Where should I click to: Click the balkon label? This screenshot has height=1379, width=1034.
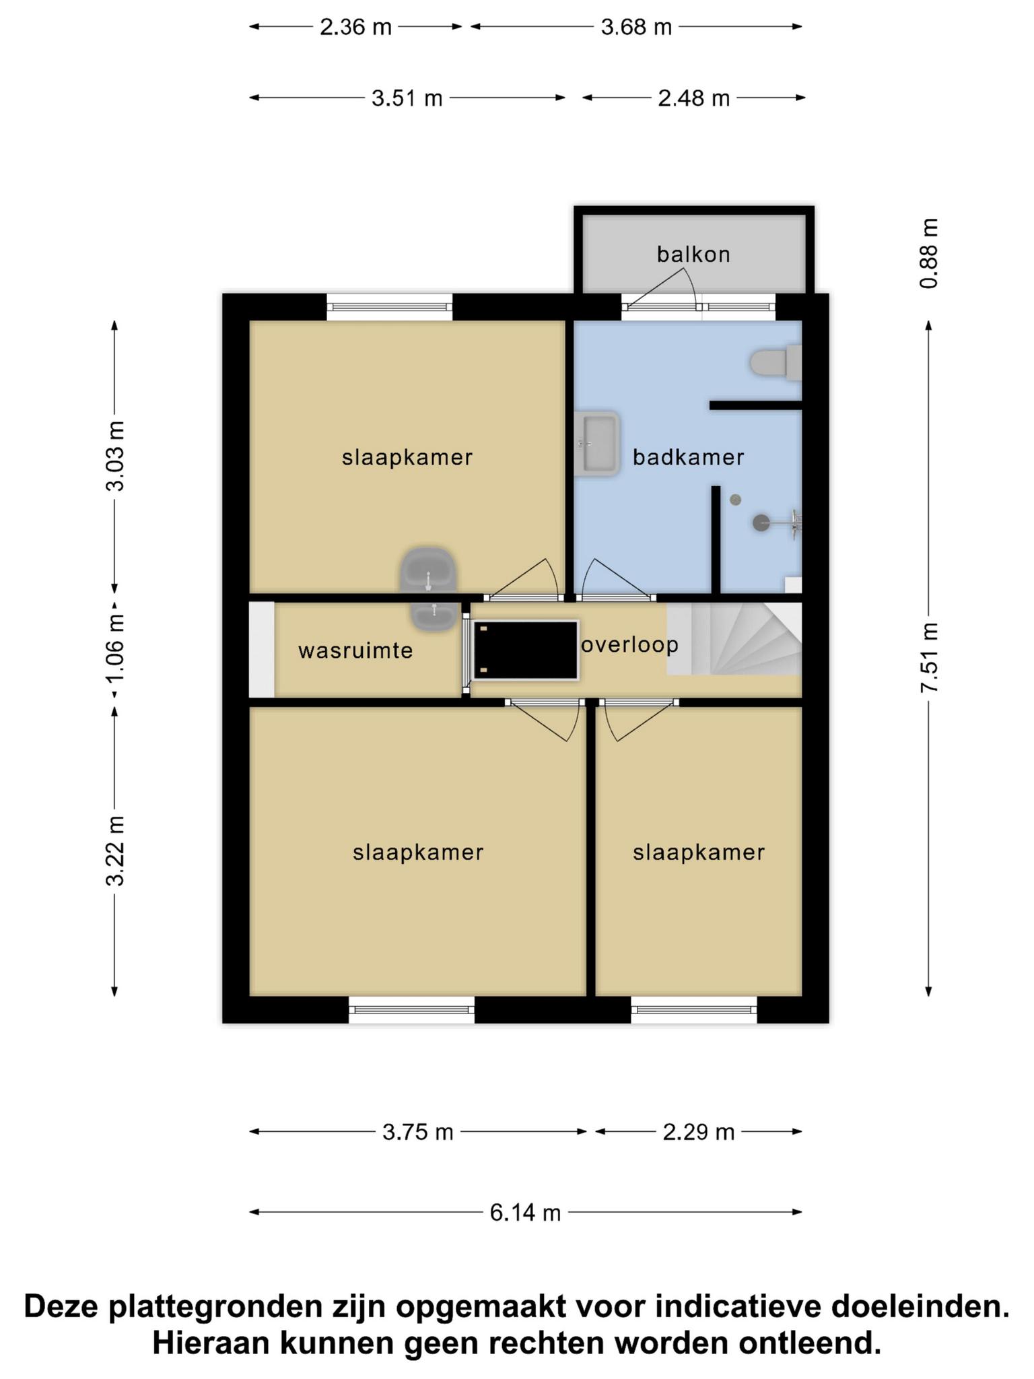click(x=693, y=255)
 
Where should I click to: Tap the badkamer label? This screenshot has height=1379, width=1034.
click(x=689, y=458)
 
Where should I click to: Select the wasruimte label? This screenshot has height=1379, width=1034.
click(x=355, y=651)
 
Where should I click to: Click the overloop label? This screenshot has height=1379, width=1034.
click(x=630, y=645)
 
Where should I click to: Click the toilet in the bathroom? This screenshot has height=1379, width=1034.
click(x=776, y=362)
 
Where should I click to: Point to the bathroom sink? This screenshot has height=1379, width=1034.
click(x=597, y=444)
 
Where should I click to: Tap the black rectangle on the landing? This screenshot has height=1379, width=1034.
click(x=526, y=650)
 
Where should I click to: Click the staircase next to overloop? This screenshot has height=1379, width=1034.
click(x=734, y=638)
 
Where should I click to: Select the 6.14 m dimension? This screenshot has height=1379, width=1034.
click(x=525, y=1213)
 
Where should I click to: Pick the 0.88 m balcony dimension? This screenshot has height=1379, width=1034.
click(x=929, y=253)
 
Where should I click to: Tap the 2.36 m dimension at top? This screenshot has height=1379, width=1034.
click(x=355, y=27)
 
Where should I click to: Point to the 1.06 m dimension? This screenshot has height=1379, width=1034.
click(x=115, y=647)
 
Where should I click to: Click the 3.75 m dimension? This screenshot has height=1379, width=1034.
click(x=418, y=1132)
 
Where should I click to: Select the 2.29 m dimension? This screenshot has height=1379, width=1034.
click(x=699, y=1132)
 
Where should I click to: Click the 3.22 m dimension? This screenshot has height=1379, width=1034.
click(x=115, y=850)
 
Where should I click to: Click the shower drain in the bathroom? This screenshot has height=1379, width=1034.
click(x=735, y=500)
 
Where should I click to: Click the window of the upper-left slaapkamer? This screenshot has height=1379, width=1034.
click(x=390, y=307)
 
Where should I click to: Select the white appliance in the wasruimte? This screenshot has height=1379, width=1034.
click(x=262, y=650)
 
